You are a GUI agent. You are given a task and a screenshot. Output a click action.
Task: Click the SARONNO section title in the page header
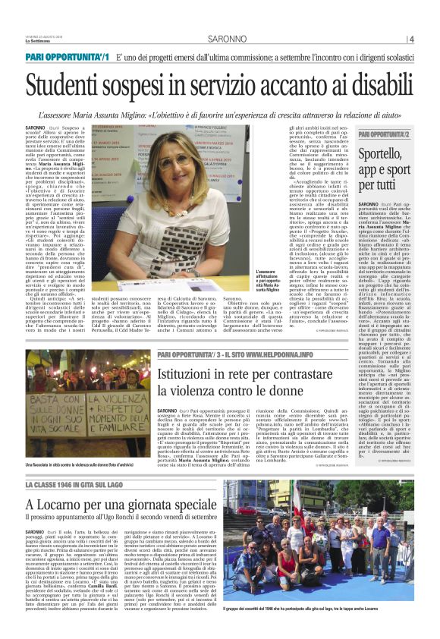[x=219, y=38]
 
